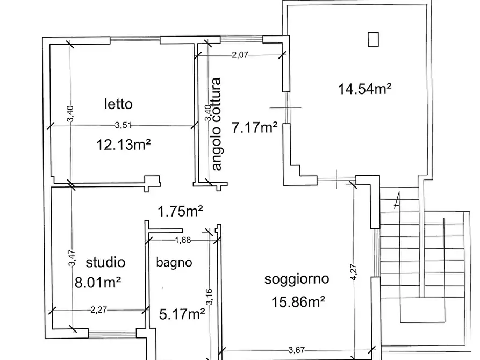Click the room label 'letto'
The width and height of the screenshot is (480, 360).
(118, 103)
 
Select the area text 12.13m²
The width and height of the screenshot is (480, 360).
(123, 145)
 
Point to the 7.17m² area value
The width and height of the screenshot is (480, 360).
(254, 128)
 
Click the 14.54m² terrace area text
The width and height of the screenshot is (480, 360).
(364, 89)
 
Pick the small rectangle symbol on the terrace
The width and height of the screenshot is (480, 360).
(372, 39)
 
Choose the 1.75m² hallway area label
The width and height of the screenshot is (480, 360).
(180, 212)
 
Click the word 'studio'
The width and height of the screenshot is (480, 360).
(105, 262)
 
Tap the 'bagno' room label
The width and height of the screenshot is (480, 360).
(174, 263)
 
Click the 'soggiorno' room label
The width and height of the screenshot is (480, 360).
(297, 279)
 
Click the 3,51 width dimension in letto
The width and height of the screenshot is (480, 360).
(124, 126)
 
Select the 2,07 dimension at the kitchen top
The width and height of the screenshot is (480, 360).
(240, 54)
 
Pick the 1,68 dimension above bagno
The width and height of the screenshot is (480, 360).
(182, 240)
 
